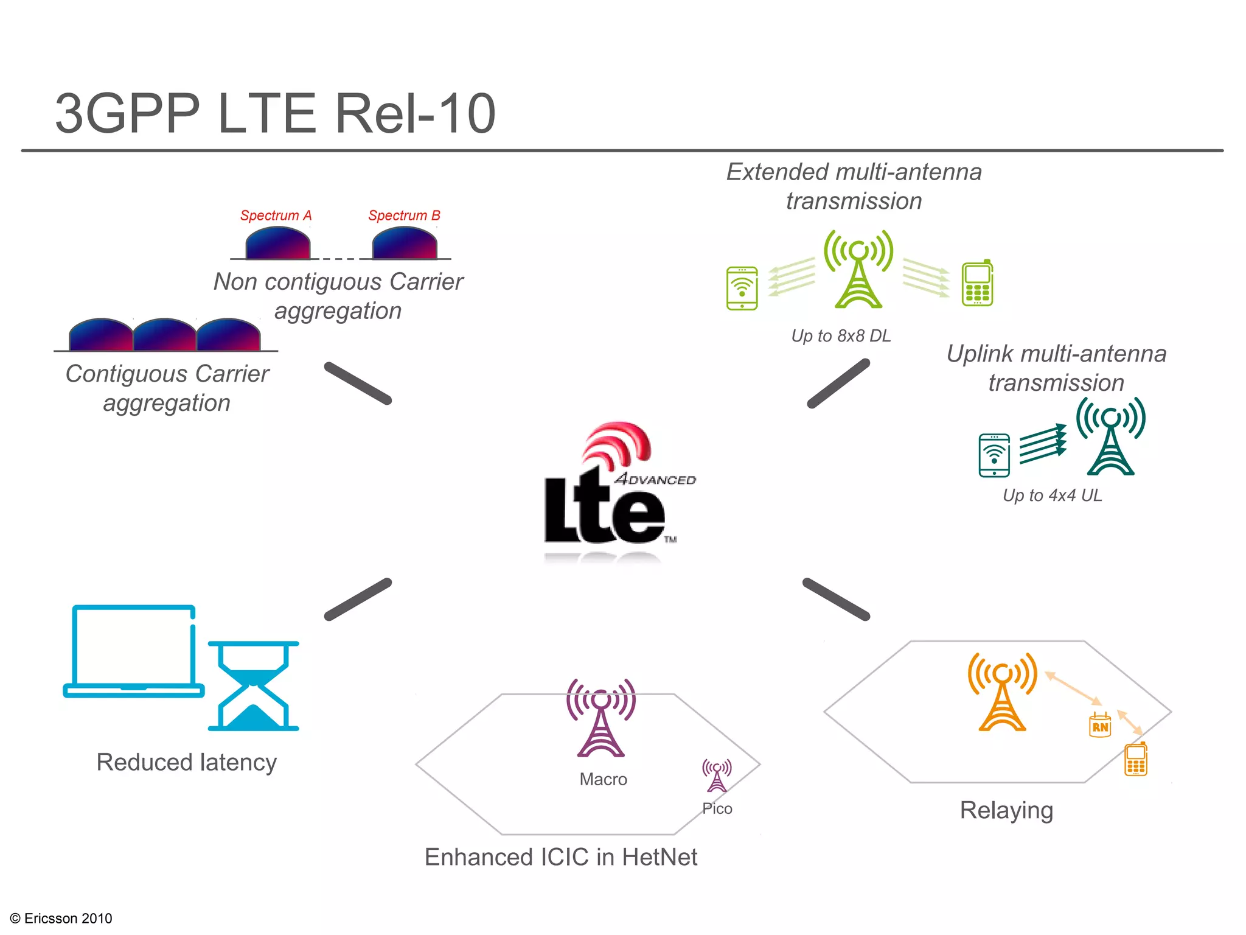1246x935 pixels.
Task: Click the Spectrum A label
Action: pyautogui.click(x=276, y=215)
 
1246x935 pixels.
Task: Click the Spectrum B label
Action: pyautogui.click(x=404, y=215)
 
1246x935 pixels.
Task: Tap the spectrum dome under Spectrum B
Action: pyautogui.click(x=405, y=243)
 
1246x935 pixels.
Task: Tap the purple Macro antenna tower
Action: pyautogui.click(x=601, y=718)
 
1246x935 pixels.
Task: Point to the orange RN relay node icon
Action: pyautogui.click(x=1099, y=726)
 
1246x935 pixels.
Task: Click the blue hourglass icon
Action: pyautogui.click(x=254, y=686)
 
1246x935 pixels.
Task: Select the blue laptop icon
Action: pyautogui.click(x=134, y=651)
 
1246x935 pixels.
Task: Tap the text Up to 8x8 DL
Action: pyautogui.click(x=841, y=336)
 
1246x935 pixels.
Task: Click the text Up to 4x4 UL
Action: pyautogui.click(x=1052, y=496)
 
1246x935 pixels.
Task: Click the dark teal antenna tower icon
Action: pyautogui.click(x=1111, y=436)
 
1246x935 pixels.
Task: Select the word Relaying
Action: pyautogui.click(x=1006, y=811)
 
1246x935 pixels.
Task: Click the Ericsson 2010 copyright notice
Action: pyautogui.click(x=61, y=918)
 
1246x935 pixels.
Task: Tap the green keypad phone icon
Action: pyautogui.click(x=977, y=283)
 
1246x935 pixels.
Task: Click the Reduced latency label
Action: pyautogui.click(x=187, y=762)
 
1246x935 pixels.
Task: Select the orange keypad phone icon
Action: pyautogui.click(x=1135, y=759)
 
